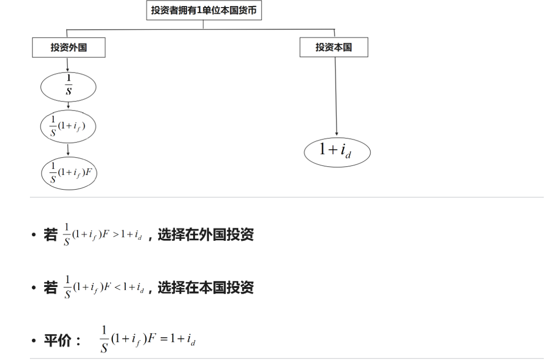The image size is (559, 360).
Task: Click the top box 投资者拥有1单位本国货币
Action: coord(204,10)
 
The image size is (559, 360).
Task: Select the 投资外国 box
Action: coord(68,48)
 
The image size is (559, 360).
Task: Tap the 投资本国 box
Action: coord(334,48)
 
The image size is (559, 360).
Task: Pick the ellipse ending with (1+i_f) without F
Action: coord(68,125)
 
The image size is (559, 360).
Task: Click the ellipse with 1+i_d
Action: coord(338,151)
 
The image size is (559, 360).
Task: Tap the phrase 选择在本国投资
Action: coord(206,287)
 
